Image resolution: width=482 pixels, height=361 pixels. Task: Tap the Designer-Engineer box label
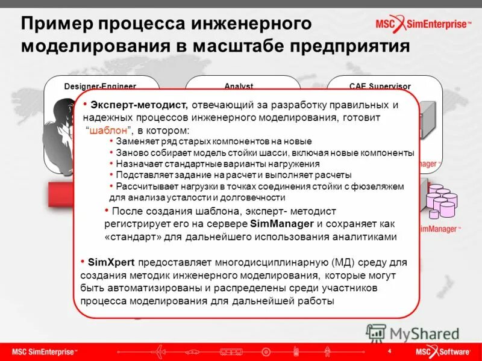coord(100,86)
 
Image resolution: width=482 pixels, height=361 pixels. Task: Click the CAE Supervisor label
coord(379,86)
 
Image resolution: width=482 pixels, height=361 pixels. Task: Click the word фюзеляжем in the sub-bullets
coord(383,187)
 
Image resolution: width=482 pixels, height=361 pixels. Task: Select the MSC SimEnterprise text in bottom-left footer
coord(45,351)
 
